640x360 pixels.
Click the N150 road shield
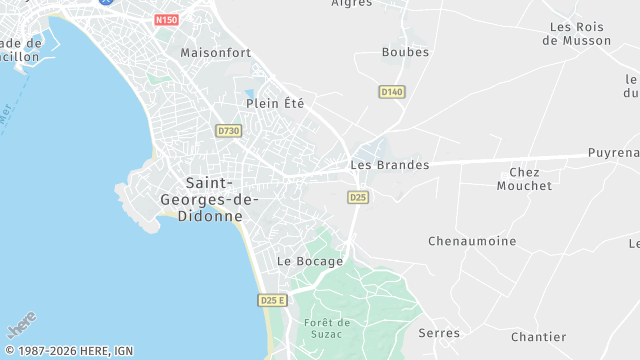(x=166, y=19)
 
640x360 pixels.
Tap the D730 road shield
(x=228, y=131)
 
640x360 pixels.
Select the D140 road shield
(x=392, y=92)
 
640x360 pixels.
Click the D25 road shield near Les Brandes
(x=358, y=198)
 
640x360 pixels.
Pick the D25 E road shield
(x=272, y=300)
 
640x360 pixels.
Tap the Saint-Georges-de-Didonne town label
(x=222, y=198)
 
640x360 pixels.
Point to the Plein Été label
(x=275, y=103)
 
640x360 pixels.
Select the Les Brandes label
(x=390, y=165)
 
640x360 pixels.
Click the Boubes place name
(x=405, y=52)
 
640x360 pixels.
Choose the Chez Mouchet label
(x=524, y=179)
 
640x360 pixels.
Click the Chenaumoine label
(x=472, y=241)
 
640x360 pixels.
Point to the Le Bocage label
(x=310, y=261)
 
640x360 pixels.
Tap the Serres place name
(x=439, y=333)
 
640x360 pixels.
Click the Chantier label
(x=538, y=337)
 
